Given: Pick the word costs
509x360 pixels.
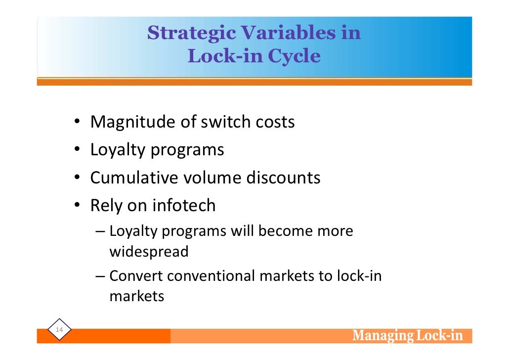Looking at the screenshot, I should pos(275,122).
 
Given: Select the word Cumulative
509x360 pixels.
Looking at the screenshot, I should pos(134,178).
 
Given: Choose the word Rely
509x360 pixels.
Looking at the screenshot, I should pos(106,206).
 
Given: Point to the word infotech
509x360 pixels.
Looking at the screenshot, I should pos(184,205).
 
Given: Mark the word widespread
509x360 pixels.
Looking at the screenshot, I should pos(149,252).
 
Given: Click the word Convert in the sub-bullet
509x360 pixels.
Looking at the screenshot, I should pos(136,275).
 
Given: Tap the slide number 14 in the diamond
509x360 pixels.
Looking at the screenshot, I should pos(60,330).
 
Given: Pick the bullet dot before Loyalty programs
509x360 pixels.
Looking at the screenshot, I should pos(79,150).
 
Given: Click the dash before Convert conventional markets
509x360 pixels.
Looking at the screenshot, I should pos(100,276).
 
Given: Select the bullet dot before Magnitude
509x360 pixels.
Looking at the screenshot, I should pos(79,123).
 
